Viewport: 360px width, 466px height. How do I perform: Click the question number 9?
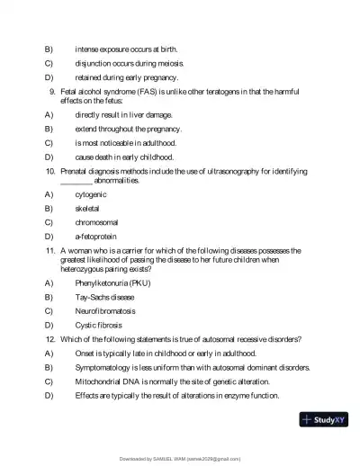[53, 91]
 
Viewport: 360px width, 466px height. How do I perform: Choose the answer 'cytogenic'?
[91, 194]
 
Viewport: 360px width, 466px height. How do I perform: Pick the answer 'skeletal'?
[87, 208]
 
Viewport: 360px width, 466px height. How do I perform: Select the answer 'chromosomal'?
[96, 221]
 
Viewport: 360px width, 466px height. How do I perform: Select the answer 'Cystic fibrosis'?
[98, 325]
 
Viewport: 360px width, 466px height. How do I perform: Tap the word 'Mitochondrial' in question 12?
[100, 381]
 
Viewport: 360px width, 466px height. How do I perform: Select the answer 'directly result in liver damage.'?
[125, 115]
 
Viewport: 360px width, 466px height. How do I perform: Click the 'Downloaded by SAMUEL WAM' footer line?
[180, 459]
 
